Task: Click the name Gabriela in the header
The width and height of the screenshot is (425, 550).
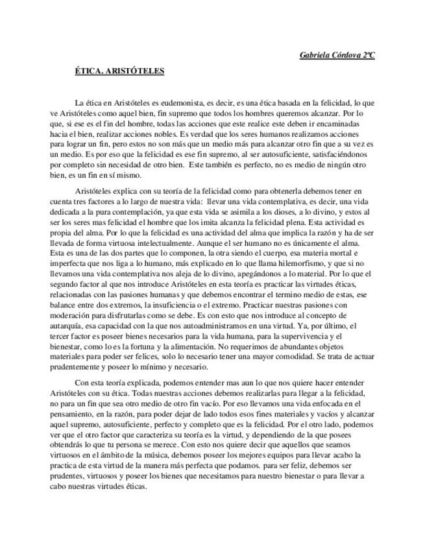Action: coord(315,56)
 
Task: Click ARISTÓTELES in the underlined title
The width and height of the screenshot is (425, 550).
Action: coord(135,71)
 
